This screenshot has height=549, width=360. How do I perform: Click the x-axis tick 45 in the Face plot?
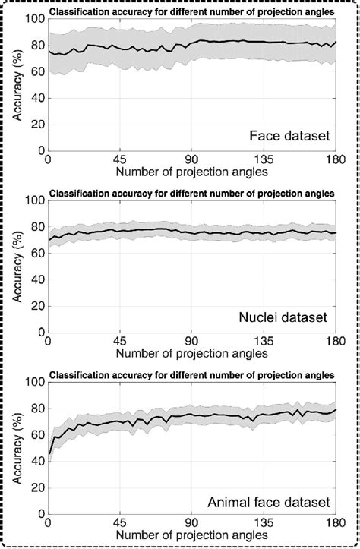119,160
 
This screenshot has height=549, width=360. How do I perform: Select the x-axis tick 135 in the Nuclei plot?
263,342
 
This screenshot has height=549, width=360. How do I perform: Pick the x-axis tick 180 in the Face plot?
335,160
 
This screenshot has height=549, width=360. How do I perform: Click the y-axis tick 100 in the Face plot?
33,19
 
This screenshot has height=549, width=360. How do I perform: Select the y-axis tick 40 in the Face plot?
36,98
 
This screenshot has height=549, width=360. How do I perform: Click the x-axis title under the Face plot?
191,172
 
